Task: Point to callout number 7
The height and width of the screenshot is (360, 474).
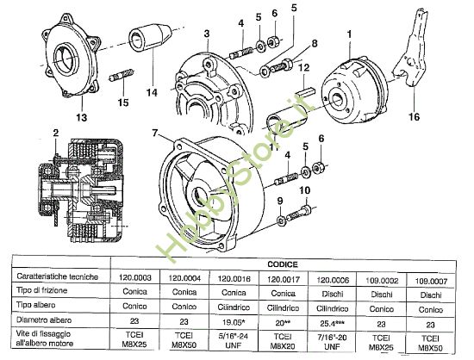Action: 154,133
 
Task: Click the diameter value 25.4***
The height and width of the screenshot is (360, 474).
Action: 332,322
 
